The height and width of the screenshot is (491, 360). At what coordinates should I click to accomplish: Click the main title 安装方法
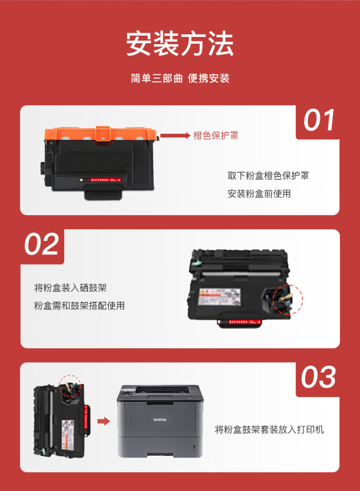[x=180, y=45]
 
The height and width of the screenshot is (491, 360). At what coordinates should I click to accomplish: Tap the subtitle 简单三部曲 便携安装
[x=180, y=78]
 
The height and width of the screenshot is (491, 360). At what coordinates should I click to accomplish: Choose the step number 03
[x=318, y=377]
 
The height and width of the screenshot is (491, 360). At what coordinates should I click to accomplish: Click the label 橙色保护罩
[x=216, y=136]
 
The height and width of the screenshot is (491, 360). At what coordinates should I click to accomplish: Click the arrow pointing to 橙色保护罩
[x=175, y=136]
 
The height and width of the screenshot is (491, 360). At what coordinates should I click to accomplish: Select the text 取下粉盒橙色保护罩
[x=268, y=176]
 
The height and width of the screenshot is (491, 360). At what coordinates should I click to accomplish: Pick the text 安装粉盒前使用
[x=259, y=194]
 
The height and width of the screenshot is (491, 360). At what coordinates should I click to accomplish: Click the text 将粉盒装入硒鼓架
[x=70, y=288]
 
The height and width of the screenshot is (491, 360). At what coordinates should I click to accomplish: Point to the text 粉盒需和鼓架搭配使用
[x=79, y=306]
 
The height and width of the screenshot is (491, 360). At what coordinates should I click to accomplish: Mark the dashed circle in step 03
[x=70, y=387]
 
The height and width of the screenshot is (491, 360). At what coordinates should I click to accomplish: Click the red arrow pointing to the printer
[x=103, y=421]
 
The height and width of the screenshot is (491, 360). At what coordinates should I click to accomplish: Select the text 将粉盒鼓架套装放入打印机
[x=269, y=429]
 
